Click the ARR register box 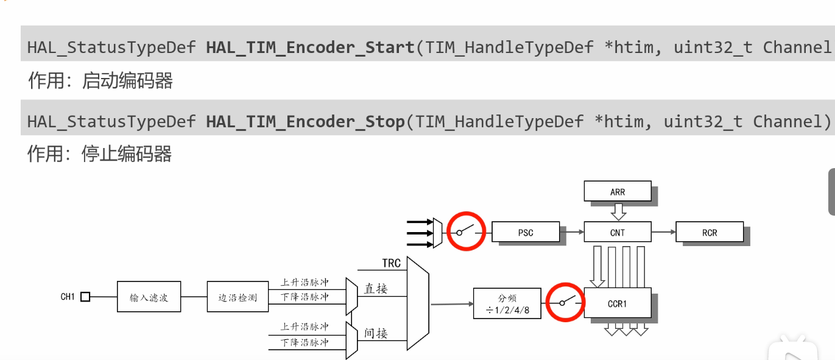pyautogui.click(x=617, y=192)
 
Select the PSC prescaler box pyautogui.click(x=525, y=232)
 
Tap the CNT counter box pyautogui.click(x=617, y=232)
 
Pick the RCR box pyautogui.click(x=709, y=232)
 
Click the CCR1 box pyautogui.click(x=617, y=303)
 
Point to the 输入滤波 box pyautogui.click(x=149, y=297)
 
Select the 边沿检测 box pyautogui.click(x=238, y=297)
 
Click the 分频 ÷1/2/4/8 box pyautogui.click(x=507, y=303)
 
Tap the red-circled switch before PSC pyautogui.click(x=467, y=231)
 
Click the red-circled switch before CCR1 pyautogui.click(x=565, y=302)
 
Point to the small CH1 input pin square pyautogui.click(x=85, y=297)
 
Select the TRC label pyautogui.click(x=392, y=263)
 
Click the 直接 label pyautogui.click(x=376, y=289)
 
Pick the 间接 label pyautogui.click(x=376, y=333)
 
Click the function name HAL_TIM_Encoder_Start pyautogui.click(x=310, y=48)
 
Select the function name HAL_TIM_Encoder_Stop pyautogui.click(x=305, y=122)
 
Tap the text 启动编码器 pyautogui.click(x=127, y=80)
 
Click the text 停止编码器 pyautogui.click(x=127, y=154)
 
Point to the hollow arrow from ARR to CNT pyautogui.click(x=618, y=211)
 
